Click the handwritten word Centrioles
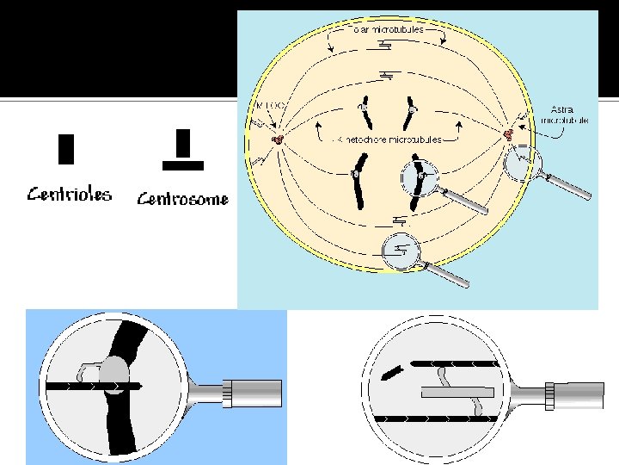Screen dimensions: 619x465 [x=69, y=194]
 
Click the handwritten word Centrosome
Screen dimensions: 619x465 [x=183, y=200]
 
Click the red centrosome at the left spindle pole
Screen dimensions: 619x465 [x=278, y=139]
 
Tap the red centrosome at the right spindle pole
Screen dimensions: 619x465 [x=508, y=134]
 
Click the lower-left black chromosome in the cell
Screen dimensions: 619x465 [x=356, y=184]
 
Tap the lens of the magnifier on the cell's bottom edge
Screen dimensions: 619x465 [x=401, y=251]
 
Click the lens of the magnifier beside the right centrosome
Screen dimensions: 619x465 [x=524, y=163]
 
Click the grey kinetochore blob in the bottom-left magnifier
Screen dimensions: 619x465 [x=114, y=375]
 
